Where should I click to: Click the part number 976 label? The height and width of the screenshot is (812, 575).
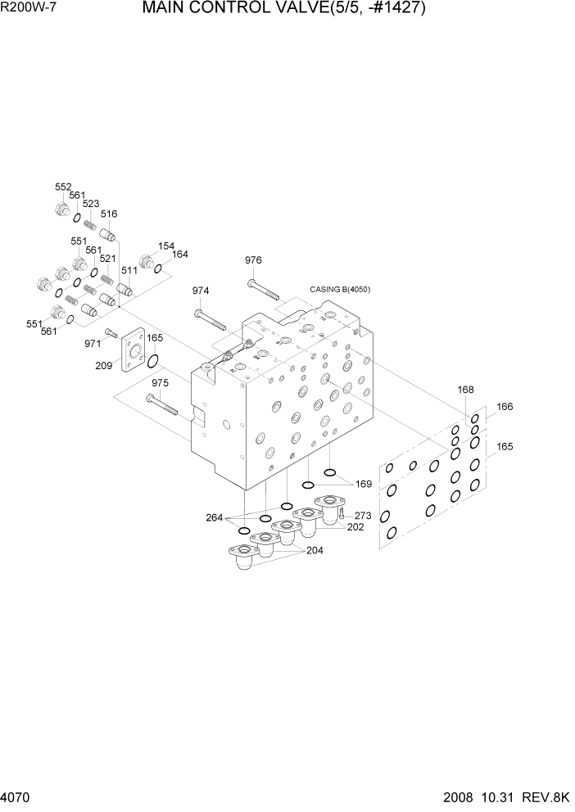click(253, 260)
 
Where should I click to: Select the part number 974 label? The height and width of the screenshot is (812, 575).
click(201, 291)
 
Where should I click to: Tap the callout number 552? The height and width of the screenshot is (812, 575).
click(63, 187)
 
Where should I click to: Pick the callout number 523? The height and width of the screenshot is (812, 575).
click(91, 204)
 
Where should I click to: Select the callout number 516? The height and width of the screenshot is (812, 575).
click(109, 214)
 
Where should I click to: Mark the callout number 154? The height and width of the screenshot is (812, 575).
click(166, 246)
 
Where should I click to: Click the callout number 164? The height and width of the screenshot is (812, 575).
click(180, 255)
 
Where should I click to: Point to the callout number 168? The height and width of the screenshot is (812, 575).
click(466, 390)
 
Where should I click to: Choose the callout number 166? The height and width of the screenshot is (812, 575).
click(505, 407)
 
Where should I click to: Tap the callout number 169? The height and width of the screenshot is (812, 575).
click(364, 485)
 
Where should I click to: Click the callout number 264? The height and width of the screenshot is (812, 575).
click(215, 517)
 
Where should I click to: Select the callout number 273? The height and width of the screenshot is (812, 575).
click(363, 516)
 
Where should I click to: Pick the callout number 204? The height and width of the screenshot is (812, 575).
click(315, 551)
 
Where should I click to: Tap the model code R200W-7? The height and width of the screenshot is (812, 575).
click(22, 9)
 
